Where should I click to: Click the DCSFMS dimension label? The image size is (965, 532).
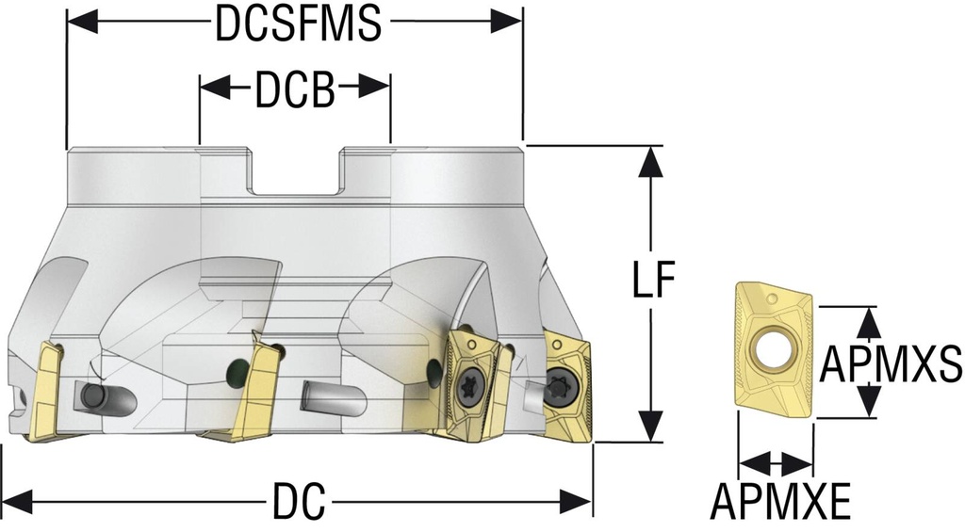[297, 24]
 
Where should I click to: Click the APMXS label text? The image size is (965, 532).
[891, 363]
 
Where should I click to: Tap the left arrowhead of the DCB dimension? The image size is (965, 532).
[212, 89]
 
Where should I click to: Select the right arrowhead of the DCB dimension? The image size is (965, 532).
[378, 89]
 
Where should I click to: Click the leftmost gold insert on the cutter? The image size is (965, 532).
[43, 391]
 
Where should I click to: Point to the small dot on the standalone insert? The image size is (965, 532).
[774, 299]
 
